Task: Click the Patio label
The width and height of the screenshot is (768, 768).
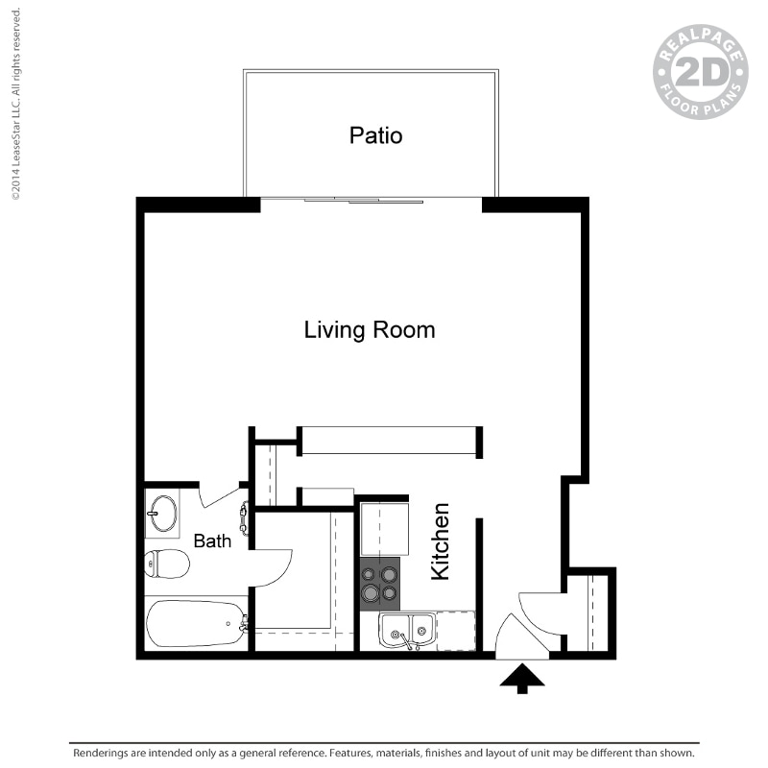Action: click(375, 135)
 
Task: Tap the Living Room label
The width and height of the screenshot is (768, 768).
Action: click(370, 330)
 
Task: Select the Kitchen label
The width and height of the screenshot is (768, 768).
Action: click(441, 541)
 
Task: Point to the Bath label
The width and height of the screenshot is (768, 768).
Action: click(212, 541)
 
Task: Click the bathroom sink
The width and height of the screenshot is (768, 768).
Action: click(162, 513)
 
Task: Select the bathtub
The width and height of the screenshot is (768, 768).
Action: click(195, 624)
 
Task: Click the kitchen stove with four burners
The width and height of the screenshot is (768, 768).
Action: click(379, 584)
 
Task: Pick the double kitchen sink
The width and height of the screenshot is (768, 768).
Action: click(407, 632)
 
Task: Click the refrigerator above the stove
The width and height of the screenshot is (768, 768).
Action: click(384, 527)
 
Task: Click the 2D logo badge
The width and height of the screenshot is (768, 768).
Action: click(700, 72)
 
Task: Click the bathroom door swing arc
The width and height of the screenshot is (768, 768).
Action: click(273, 566)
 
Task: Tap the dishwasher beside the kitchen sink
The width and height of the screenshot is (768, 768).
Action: click(456, 632)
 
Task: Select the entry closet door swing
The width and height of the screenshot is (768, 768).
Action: click(542, 613)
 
